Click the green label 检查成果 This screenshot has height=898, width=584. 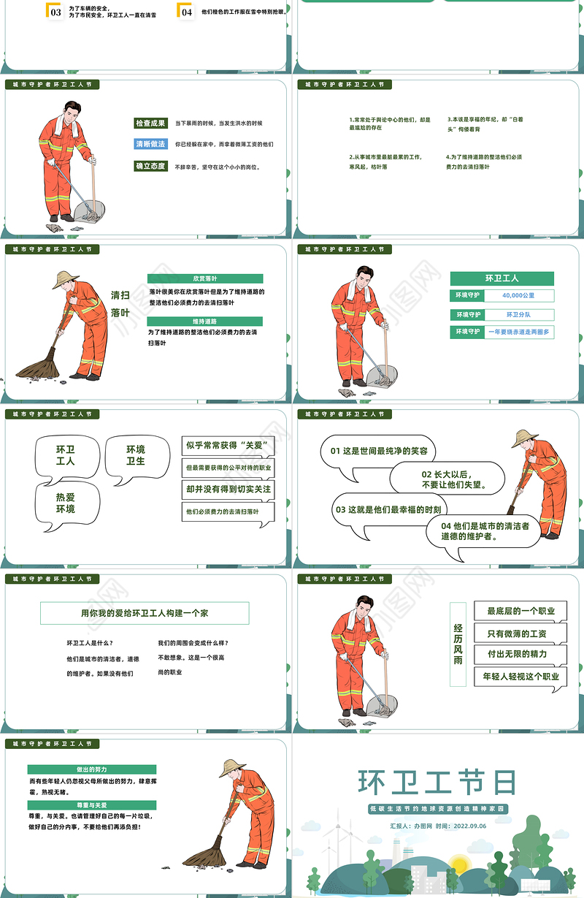[x=150, y=123]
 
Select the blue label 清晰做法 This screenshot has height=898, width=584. [x=150, y=144]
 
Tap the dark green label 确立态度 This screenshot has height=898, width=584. [x=150, y=166]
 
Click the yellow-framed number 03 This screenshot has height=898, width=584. [x=55, y=11]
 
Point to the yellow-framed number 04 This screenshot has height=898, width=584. [x=186, y=11]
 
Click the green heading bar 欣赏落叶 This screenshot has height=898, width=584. [x=205, y=278]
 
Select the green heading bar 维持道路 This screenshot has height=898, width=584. [x=205, y=321]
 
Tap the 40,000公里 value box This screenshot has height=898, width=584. [x=518, y=296]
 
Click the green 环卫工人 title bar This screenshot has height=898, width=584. [x=502, y=278]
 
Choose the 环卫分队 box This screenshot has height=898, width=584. [x=518, y=315]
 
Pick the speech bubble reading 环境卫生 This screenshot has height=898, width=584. [x=136, y=455]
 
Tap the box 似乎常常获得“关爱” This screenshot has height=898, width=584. [x=228, y=445]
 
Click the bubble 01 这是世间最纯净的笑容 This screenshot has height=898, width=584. [x=379, y=452]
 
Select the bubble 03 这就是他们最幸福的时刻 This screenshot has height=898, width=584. [x=388, y=509]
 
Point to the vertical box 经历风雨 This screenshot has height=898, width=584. [x=458, y=644]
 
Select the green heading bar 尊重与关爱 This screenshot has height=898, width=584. [x=91, y=804]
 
